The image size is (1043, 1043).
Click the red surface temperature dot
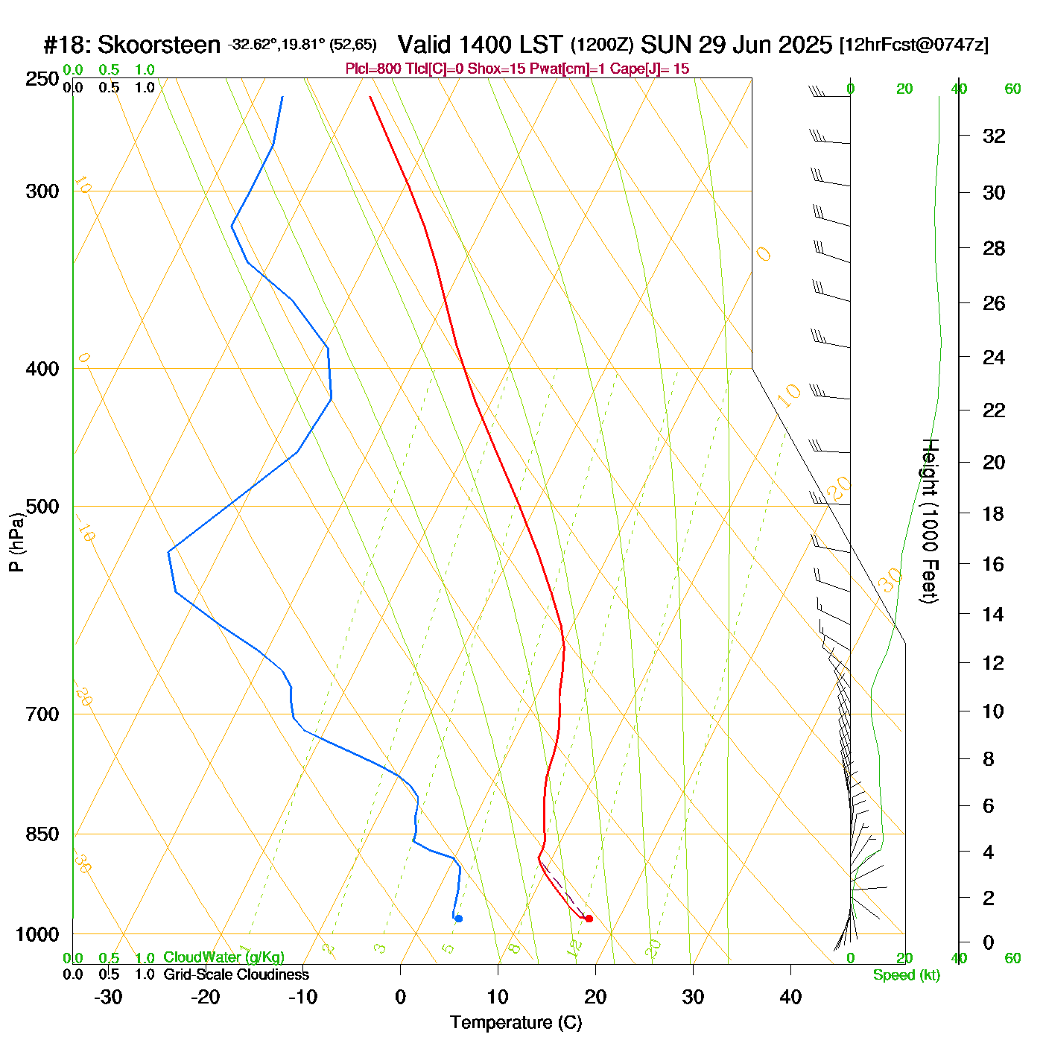point(589,919)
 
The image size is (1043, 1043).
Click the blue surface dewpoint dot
point(458,919)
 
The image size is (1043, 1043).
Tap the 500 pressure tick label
point(42,507)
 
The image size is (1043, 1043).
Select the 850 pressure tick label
point(42,834)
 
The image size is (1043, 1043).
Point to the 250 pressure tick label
point(42,79)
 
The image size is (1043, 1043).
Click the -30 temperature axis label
point(108,997)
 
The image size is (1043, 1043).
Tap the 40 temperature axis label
point(790,997)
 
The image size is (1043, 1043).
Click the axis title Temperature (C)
point(516,1023)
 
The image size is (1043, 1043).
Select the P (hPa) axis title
point(16,542)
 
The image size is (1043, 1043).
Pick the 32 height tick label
point(994,136)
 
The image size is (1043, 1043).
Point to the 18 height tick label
point(994,513)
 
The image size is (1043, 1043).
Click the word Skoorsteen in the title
point(159,45)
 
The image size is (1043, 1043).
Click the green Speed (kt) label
point(906,975)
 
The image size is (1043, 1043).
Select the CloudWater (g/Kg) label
point(223,957)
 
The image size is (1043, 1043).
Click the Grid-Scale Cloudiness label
point(236,974)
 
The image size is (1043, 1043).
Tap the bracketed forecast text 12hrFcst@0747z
point(914,45)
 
